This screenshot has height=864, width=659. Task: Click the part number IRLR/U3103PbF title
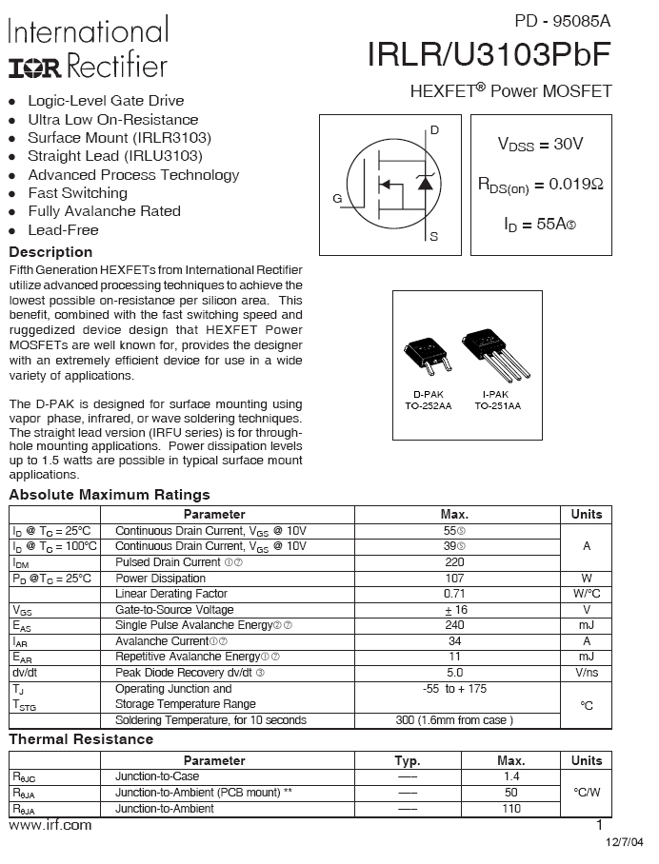(489, 55)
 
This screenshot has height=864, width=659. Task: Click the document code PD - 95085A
(563, 20)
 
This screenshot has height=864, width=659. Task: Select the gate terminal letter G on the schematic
(337, 199)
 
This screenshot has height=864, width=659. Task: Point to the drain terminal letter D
(434, 129)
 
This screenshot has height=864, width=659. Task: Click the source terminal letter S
(434, 236)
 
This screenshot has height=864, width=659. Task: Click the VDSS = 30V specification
(540, 145)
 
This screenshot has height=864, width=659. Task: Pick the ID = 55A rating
(540, 225)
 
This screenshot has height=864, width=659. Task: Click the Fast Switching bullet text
(78, 193)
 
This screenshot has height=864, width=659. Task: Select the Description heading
(50, 252)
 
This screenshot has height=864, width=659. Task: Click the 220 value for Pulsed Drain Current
(454, 562)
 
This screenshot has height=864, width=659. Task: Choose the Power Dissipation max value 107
(454, 579)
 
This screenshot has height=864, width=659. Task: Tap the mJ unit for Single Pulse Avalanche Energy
(586, 625)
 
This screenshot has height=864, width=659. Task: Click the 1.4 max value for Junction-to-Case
(511, 776)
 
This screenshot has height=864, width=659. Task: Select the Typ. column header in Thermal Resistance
(408, 760)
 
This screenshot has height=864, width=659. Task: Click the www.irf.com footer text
(50, 825)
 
